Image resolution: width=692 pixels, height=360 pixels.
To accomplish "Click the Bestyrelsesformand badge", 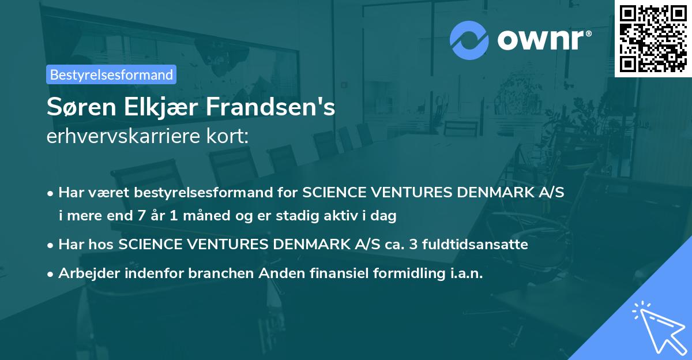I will click(111, 74).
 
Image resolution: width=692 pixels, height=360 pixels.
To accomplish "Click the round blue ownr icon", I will click(469, 39).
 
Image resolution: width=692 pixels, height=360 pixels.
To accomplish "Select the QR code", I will click(653, 38).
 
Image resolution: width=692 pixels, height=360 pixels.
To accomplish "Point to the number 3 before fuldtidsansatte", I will click(413, 245).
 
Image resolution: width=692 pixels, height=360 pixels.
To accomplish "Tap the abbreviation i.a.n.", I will click(465, 273).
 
